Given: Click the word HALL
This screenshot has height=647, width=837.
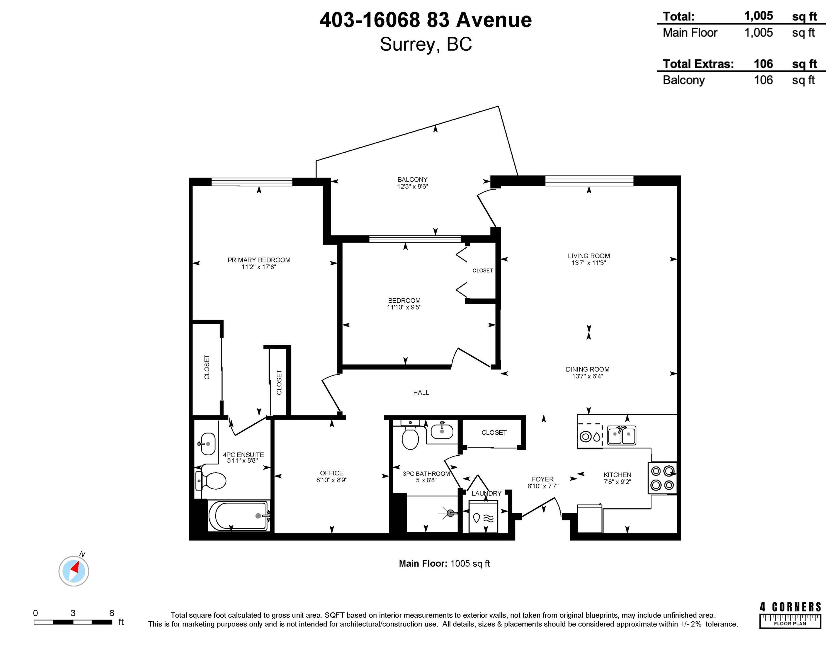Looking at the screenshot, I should pos(421,392).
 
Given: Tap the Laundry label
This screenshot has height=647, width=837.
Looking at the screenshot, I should pos(486,493).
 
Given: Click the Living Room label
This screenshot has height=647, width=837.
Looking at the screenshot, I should pos(589,256).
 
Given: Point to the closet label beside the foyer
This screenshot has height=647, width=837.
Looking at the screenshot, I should pos(494,432).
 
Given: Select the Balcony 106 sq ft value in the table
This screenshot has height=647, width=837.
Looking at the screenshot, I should pos(763,80).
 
